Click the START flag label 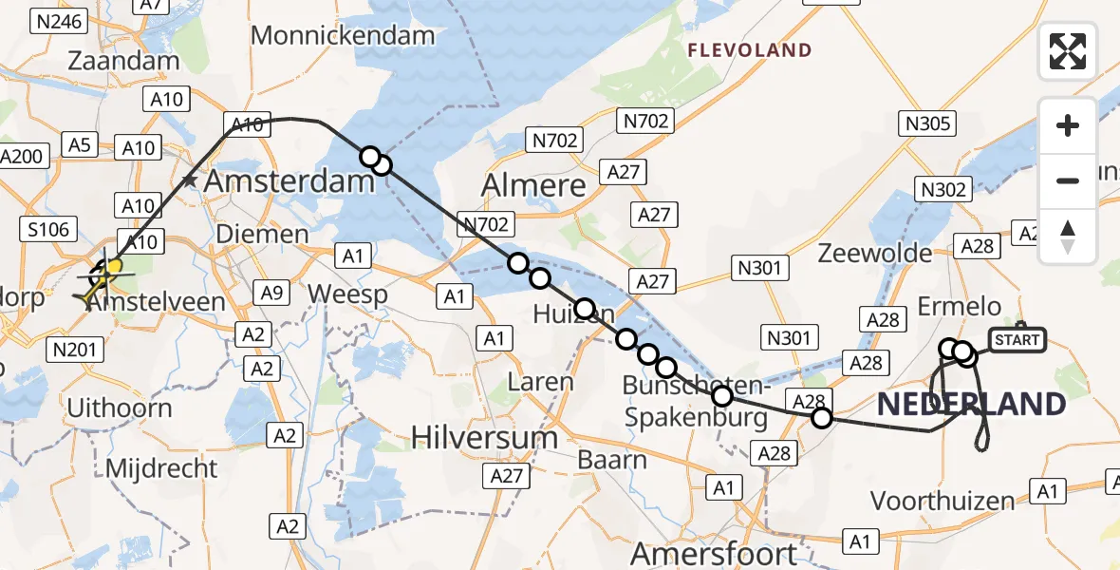[x=1017, y=340]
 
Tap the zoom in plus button [x=1068, y=125]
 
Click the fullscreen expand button [x=1068, y=52]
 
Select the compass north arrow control [x=1068, y=236]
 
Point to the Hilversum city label [x=484, y=437]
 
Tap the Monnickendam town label [x=343, y=36]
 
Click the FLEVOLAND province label [x=750, y=50]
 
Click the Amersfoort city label [x=714, y=553]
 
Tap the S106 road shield [x=47, y=227]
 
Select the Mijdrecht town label [x=161, y=468]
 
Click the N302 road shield [x=943, y=190]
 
